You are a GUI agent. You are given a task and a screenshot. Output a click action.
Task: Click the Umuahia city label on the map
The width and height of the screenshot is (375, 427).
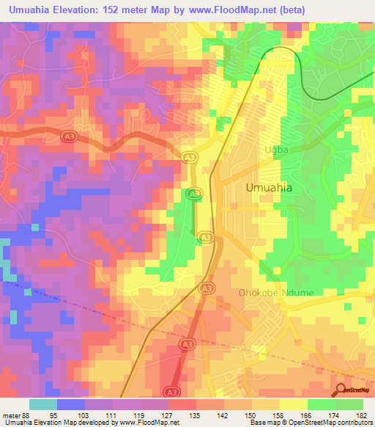[269, 188]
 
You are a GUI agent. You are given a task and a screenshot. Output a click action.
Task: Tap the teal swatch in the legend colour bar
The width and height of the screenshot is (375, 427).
[43, 404]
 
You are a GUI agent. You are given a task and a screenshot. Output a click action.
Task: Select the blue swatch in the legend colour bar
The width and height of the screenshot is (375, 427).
[71, 404]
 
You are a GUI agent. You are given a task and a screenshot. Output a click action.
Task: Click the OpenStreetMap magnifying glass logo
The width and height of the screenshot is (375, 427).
[341, 390]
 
